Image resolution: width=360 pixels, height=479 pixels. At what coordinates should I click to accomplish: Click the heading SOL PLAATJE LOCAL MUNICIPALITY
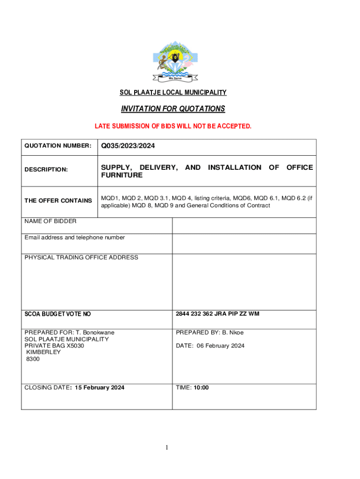(x=173, y=93)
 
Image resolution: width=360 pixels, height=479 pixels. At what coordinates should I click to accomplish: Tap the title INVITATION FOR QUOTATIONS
(x=173, y=109)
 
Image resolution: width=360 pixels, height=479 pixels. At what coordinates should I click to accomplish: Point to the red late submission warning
(x=173, y=126)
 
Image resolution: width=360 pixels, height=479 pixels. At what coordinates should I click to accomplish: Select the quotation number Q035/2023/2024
(x=128, y=146)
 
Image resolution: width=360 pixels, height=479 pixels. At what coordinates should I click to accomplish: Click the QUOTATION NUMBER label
(x=58, y=146)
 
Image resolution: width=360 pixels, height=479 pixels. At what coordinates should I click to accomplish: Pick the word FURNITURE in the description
(x=122, y=175)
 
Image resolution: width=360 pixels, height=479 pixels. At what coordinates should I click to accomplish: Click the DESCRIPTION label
(x=46, y=170)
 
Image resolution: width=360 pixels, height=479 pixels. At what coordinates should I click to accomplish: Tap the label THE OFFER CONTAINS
(x=58, y=201)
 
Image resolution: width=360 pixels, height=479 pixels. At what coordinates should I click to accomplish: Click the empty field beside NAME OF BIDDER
(x=244, y=225)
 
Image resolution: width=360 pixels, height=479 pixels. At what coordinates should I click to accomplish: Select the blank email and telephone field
(x=244, y=243)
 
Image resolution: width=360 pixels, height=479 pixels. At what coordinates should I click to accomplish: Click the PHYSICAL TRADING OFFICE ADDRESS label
(x=81, y=258)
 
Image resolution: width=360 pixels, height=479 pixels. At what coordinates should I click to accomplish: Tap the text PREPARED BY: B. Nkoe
(x=209, y=333)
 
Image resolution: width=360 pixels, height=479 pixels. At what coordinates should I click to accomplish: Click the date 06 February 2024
(x=219, y=346)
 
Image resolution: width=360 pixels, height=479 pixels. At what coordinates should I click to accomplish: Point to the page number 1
(x=166, y=448)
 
